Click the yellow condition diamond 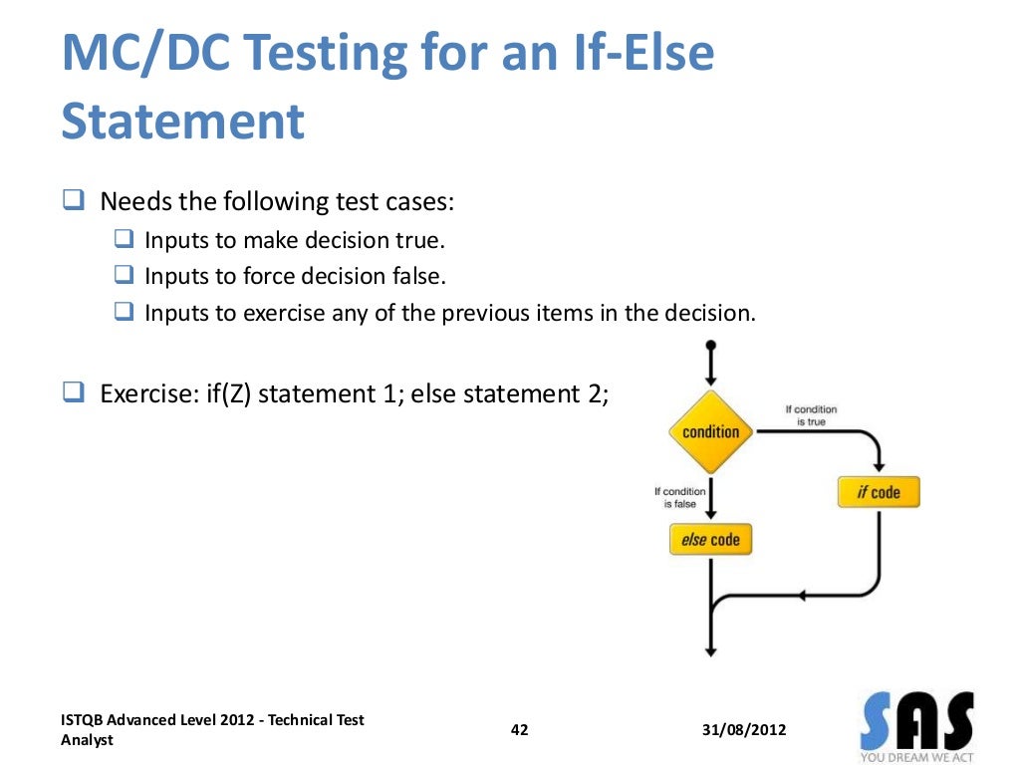[711, 431]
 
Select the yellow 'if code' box [878, 492]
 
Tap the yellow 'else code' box [710, 539]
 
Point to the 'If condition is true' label [811, 415]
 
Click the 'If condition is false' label [680, 497]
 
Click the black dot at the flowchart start [710, 347]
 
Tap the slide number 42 [519, 730]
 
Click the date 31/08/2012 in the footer [743, 730]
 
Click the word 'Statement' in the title [182, 122]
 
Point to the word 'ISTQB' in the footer [82, 720]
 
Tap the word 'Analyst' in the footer [87, 740]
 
